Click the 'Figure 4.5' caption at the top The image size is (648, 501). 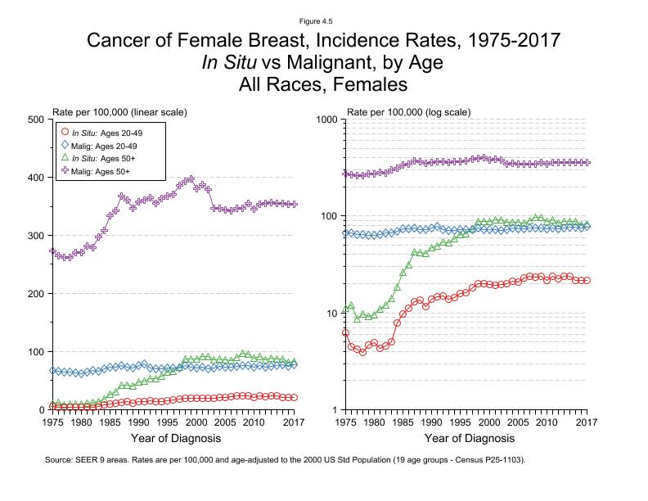coord(323,21)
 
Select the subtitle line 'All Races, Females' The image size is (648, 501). coord(323,83)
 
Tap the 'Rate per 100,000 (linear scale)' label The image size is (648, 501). coord(119,111)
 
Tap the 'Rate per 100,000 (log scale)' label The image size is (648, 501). coord(409,111)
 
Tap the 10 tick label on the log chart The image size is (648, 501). coord(331,313)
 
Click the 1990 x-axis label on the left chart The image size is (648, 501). coord(138,422)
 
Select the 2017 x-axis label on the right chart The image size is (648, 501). coord(586,422)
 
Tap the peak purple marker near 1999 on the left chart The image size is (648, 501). coord(191,179)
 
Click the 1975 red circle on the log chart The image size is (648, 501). coord(346,333)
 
